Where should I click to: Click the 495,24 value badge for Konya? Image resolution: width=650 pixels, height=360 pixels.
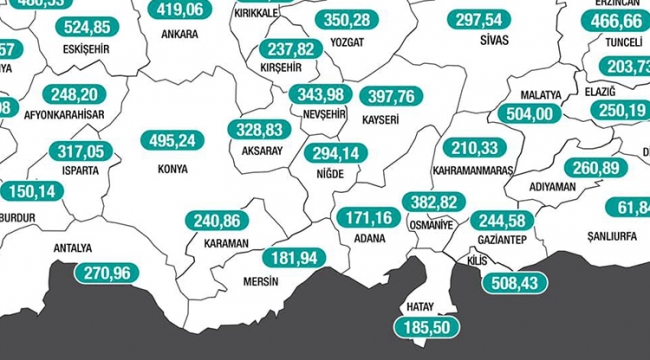(x=180, y=141)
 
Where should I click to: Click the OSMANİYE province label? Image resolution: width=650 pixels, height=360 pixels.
(x=432, y=225)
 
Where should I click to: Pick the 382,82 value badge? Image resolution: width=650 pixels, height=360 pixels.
(x=434, y=202)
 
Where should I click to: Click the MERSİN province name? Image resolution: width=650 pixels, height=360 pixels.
(x=263, y=281)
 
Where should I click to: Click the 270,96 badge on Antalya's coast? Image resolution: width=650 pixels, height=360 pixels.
(x=106, y=271)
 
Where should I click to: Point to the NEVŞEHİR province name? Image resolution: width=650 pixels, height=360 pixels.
(x=322, y=115)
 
